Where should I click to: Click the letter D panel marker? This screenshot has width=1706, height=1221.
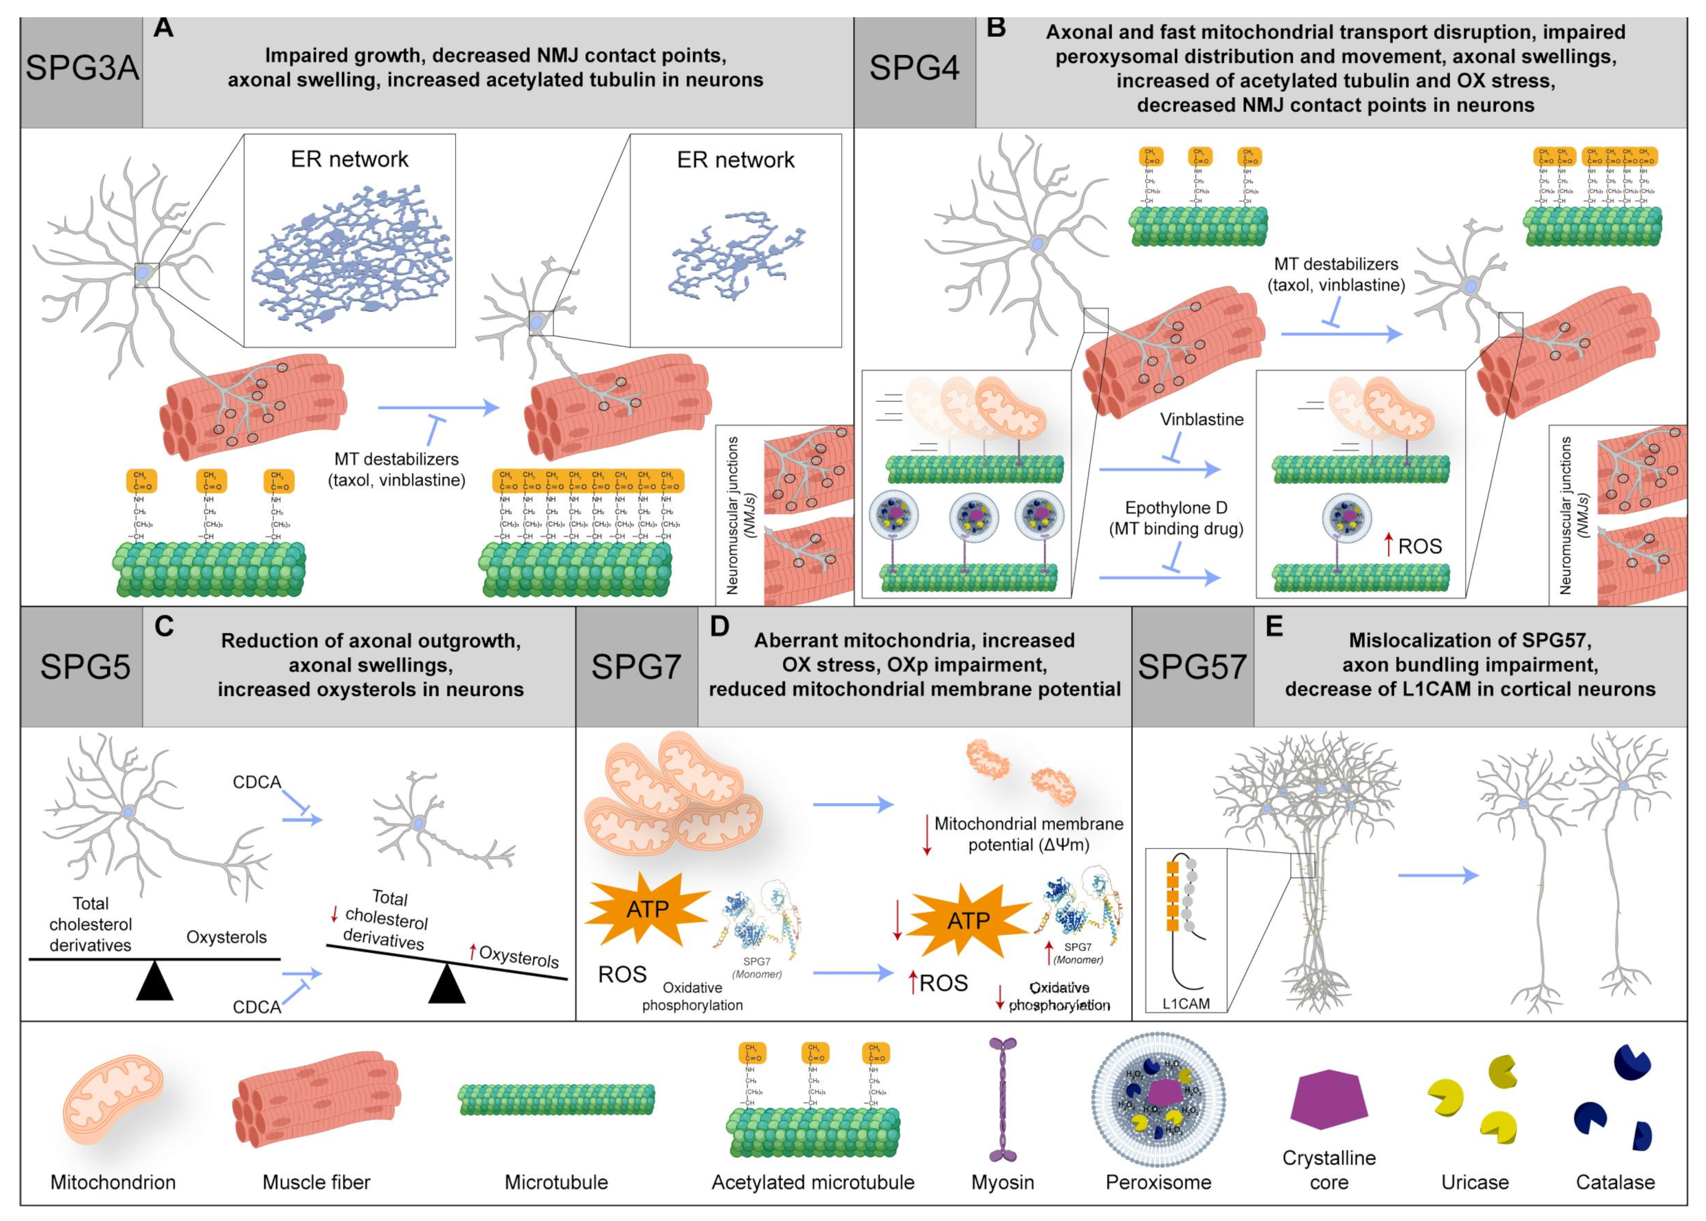[719, 626]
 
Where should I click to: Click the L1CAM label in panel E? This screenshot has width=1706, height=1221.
[1186, 1003]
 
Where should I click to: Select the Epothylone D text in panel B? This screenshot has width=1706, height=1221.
[1175, 508]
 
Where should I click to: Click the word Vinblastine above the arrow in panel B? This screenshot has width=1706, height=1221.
[1201, 420]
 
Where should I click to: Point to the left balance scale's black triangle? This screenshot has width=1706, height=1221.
[155, 981]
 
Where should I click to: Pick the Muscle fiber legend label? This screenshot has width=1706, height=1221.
[317, 1182]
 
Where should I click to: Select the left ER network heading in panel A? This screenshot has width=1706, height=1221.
[349, 159]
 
